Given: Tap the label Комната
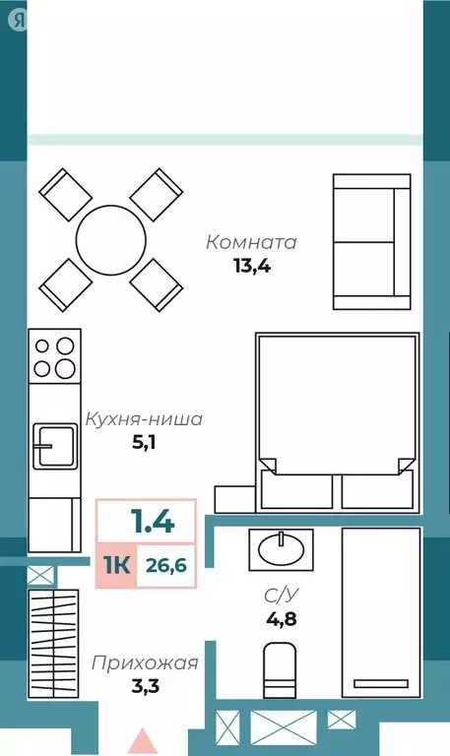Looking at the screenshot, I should point(251,242).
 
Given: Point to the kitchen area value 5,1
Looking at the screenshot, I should point(145,442).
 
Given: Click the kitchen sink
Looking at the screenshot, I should point(55,446).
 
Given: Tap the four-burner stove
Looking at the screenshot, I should point(55,357).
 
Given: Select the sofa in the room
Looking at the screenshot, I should point(370,242).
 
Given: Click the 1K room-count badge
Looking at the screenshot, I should point(115,564).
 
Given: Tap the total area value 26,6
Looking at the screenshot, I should point(165,564).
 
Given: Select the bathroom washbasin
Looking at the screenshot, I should point(283,543).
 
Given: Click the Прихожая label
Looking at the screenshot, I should point(145,662).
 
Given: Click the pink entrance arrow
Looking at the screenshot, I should point(144,740).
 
